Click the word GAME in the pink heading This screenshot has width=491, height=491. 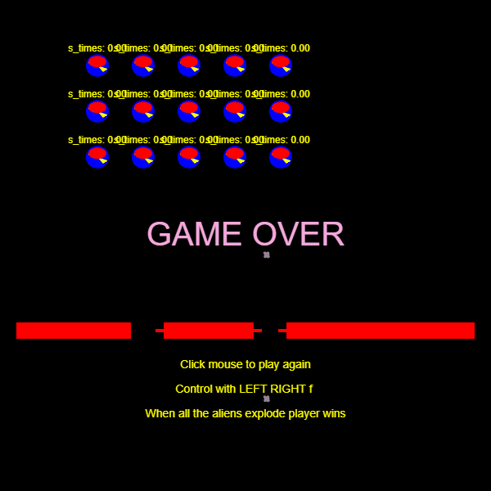tap(194, 235)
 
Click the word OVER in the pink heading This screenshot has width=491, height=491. tap(298, 235)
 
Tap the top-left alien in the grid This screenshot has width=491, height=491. tap(97, 66)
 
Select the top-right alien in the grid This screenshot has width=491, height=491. tap(281, 66)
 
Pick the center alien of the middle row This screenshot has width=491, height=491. tap(189, 112)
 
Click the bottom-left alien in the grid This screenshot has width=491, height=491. tap(97, 158)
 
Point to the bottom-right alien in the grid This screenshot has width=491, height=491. tap(281, 158)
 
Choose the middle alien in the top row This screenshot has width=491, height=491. tap(189, 66)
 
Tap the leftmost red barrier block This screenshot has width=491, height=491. tap(74, 331)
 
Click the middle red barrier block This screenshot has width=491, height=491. tap(209, 331)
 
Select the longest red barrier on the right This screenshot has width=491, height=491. tap(381, 331)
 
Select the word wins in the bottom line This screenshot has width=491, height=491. tap(334, 414)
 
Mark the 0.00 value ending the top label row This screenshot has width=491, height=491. tap(300, 48)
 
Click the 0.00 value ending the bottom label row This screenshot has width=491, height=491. tap(300, 140)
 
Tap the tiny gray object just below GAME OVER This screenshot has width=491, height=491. tap(267, 255)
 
